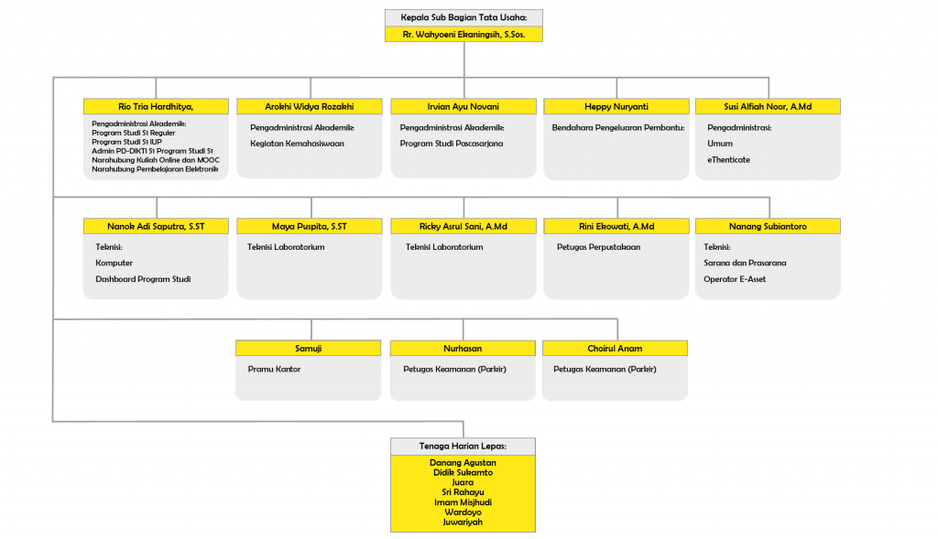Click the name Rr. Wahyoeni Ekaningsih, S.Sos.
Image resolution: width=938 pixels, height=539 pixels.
pyautogui.click(x=464, y=34)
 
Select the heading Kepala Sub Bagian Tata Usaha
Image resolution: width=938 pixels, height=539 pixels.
pyautogui.click(x=464, y=17)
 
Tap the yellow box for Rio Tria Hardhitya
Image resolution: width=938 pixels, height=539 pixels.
pyautogui.click(x=156, y=106)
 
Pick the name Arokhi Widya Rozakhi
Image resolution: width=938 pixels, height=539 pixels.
pyautogui.click(x=310, y=106)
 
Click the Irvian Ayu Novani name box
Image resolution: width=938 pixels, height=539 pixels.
pyautogui.click(x=464, y=106)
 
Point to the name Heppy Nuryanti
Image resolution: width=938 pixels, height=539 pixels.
pyautogui.click(x=616, y=106)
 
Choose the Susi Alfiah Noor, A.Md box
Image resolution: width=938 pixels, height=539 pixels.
pyautogui.click(x=768, y=106)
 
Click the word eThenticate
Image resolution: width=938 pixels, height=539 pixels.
pyautogui.click(x=728, y=159)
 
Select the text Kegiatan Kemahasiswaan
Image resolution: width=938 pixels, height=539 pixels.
pyautogui.click(x=298, y=144)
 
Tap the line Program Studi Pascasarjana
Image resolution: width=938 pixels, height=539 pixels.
pyautogui.click(x=452, y=144)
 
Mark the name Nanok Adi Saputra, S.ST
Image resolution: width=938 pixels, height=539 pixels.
pyautogui.click(x=156, y=226)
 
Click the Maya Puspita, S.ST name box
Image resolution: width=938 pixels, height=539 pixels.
pyautogui.click(x=310, y=226)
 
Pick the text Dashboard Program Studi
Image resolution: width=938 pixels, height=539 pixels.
pyautogui.click(x=143, y=279)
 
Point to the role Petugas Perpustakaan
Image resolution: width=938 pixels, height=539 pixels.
pyautogui.click(x=598, y=247)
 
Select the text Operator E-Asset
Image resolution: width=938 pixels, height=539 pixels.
pyautogui.click(x=735, y=279)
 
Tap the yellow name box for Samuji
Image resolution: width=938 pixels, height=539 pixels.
pyautogui.click(x=308, y=349)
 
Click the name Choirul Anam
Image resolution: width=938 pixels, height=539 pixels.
pyautogui.click(x=615, y=349)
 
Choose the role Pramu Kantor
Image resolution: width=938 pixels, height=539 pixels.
pyautogui.click(x=274, y=369)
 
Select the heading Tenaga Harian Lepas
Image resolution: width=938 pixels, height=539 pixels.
pyautogui.click(x=463, y=447)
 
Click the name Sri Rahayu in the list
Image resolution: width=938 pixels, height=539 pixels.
pyautogui.click(x=463, y=492)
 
